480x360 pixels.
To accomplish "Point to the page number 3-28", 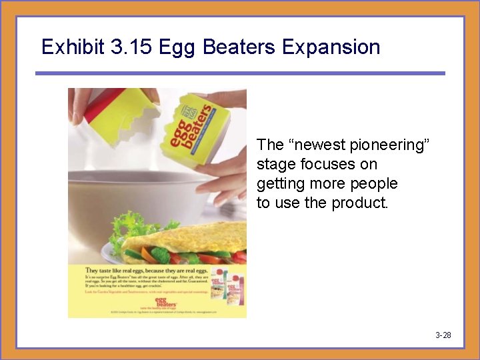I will [x=443, y=335].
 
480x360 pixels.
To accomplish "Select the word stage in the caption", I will [x=274, y=164].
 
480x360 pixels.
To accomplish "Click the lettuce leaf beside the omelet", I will [x=127, y=229].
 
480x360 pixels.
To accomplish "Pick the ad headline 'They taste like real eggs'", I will [x=147, y=271].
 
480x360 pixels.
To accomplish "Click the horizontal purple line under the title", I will [x=239, y=73].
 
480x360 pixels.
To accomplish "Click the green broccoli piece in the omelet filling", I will [x=160, y=254].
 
